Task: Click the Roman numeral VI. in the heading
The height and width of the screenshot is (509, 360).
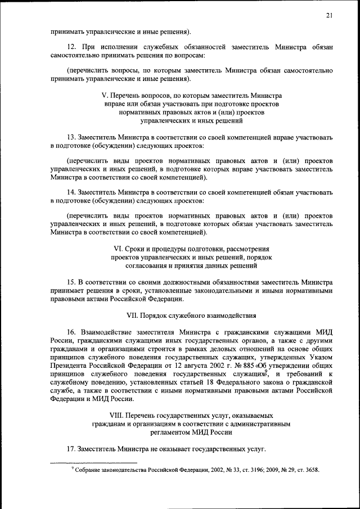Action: [x=119, y=248]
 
